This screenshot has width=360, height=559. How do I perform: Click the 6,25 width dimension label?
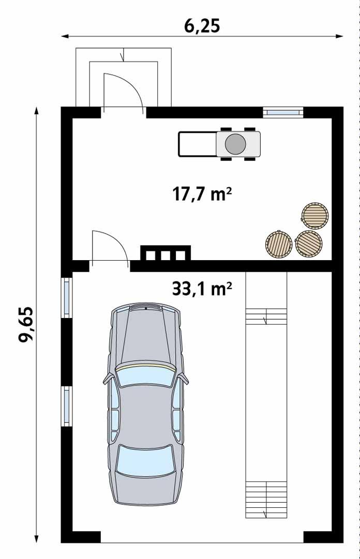(x=202, y=25)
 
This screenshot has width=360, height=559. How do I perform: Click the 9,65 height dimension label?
(x=26, y=324)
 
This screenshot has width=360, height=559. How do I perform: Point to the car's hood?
(x=145, y=336)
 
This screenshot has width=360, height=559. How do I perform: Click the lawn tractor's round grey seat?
(x=235, y=143)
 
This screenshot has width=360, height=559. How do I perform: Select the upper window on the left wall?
(x=67, y=297)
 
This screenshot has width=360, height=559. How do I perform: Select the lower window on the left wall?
(x=67, y=406)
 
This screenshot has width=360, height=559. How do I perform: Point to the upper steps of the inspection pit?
(x=266, y=316)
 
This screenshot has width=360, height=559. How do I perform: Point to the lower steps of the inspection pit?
(x=266, y=499)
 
